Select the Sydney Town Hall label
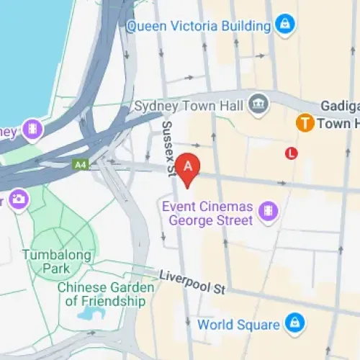[188, 105]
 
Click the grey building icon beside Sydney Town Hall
[256, 105]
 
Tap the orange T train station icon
[305, 123]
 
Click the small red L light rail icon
[292, 153]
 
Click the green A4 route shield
[79, 164]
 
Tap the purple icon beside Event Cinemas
[268, 211]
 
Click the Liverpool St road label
[192, 282]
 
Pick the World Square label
[239, 324]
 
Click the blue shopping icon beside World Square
[292, 322]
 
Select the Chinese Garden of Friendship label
[105, 294]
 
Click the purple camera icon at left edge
[18, 198]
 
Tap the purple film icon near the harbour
[32, 130]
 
